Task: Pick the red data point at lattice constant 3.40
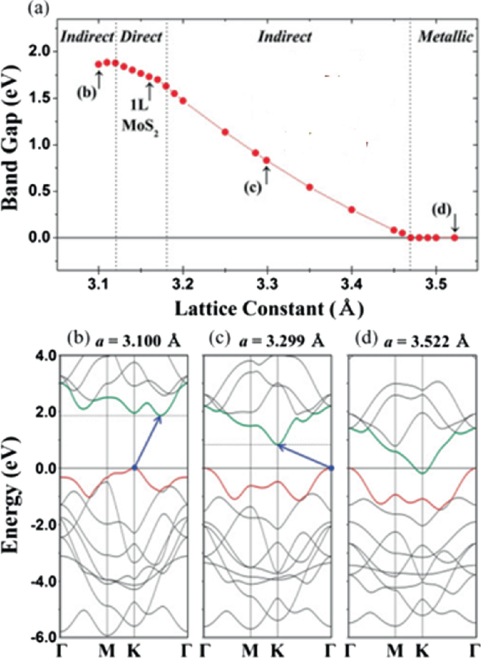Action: [352, 209]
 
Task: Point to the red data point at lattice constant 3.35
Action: [310, 187]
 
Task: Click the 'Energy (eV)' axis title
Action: [13, 498]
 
